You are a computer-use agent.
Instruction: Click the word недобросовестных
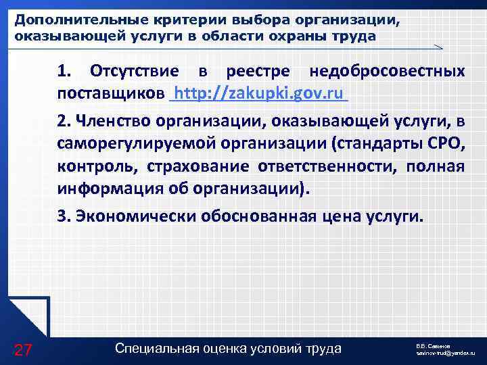tap(387, 72)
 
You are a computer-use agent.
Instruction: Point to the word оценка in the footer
tap(224, 349)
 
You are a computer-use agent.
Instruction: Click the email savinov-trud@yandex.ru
tap(446, 353)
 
